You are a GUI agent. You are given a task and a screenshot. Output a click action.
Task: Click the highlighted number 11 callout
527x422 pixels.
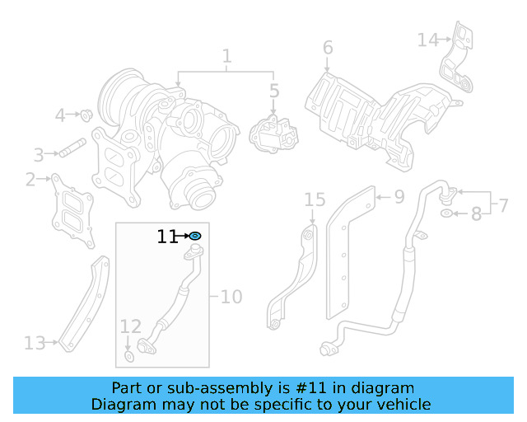tap(167, 237)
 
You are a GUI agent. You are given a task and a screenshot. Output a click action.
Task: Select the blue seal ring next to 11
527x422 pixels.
tap(196, 237)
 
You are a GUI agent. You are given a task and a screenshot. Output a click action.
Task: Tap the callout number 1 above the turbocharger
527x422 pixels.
tap(226, 57)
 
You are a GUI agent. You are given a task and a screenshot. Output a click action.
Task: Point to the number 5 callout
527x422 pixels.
tap(274, 91)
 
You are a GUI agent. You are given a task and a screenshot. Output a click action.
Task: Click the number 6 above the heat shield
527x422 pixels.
tap(328, 48)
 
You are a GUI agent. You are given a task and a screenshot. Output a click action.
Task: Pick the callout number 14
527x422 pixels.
tap(427, 40)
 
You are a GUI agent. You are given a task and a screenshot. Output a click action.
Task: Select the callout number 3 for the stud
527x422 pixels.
tap(39, 154)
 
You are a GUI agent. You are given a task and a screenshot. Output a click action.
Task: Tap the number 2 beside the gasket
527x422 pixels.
tap(31, 180)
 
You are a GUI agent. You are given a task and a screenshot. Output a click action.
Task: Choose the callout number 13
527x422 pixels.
tap(35, 341)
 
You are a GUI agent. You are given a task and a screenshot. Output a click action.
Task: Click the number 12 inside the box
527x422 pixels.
tap(130, 327)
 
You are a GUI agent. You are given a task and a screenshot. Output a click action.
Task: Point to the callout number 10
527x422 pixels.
tap(231, 295)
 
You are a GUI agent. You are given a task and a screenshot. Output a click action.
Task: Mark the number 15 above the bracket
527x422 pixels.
tap(315, 199)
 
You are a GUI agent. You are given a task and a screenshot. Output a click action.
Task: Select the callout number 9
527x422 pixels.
tap(399, 197)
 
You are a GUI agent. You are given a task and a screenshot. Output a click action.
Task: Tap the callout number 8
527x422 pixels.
tap(476, 215)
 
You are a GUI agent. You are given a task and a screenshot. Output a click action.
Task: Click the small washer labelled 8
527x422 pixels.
tap(446, 214)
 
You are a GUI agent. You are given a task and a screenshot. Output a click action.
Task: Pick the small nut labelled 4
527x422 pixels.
tap(85, 114)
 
